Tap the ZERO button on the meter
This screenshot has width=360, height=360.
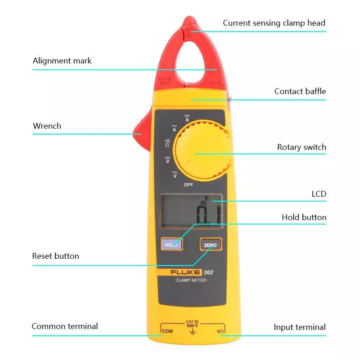210,245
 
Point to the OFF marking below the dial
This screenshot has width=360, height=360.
189,184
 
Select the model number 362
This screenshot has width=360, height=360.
208,272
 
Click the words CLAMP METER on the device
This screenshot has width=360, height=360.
191,280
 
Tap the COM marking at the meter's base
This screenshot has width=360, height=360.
167,332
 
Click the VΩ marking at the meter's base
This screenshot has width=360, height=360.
220,332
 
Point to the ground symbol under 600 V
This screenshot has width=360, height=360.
193,332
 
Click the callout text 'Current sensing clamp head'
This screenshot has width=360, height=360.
274,23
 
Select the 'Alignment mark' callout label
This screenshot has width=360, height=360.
62,61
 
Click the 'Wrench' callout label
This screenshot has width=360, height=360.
47,126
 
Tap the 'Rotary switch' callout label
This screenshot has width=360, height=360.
301,147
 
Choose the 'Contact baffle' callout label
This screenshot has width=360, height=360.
300,91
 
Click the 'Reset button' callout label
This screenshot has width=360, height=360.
55,256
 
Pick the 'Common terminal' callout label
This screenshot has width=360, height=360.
64,326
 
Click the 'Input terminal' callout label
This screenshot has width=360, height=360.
300,327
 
